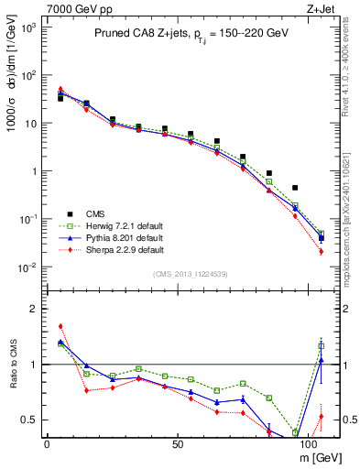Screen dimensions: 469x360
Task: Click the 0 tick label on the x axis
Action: pos(47,442)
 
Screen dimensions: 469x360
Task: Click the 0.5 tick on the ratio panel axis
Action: pos(30,420)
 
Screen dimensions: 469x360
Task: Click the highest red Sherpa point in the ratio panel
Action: pos(60,325)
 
